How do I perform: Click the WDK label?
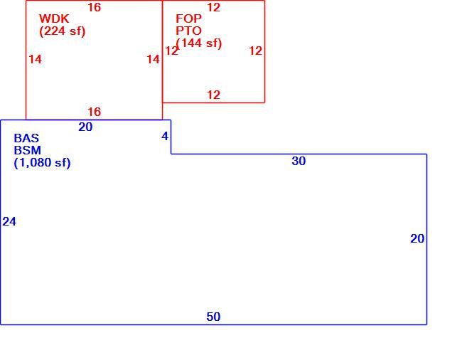pyautogui.click(x=54, y=18)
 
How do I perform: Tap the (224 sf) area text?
pyautogui.click(x=62, y=31)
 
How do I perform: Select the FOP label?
pyautogui.click(x=188, y=18)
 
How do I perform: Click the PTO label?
pyautogui.click(x=188, y=31)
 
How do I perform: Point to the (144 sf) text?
pyautogui.click(x=199, y=43)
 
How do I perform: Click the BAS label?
pyautogui.click(x=26, y=138)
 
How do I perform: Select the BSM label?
pyautogui.click(x=28, y=150)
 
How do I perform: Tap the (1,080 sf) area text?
pyautogui.click(x=42, y=163)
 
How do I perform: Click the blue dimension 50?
pyautogui.click(x=213, y=317)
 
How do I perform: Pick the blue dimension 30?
pyautogui.click(x=299, y=161)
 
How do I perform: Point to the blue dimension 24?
pyautogui.click(x=9, y=222)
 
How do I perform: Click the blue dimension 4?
pyautogui.click(x=165, y=136)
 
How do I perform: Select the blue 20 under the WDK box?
pyautogui.click(x=85, y=127)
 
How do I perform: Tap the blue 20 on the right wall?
pyautogui.click(x=417, y=239)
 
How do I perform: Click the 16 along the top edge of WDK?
pyautogui.click(x=95, y=7)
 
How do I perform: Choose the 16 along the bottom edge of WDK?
pyautogui.click(x=95, y=112)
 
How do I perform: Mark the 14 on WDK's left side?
pyautogui.click(x=36, y=60)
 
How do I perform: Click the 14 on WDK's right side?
pyautogui.click(x=154, y=60)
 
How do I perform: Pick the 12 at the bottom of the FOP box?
pyautogui.click(x=214, y=95)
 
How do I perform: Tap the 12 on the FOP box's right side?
pyautogui.click(x=255, y=51)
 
